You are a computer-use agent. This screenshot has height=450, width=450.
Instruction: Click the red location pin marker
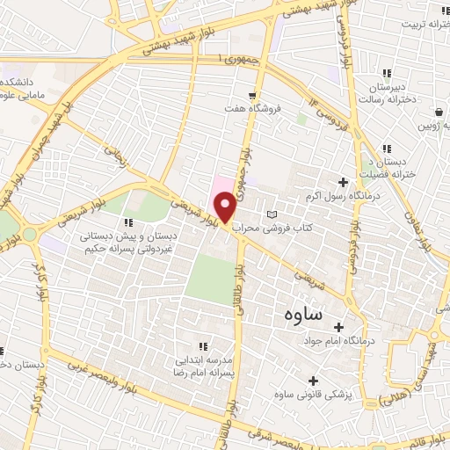[x=226, y=207]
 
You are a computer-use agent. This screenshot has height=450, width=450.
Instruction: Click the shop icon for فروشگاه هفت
[x=253, y=95]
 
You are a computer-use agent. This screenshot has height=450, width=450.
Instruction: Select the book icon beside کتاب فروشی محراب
[x=272, y=214]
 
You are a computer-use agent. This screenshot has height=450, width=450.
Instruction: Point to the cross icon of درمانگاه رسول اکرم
[x=343, y=183]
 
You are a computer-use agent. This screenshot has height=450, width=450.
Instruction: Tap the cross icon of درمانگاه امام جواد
[x=339, y=327]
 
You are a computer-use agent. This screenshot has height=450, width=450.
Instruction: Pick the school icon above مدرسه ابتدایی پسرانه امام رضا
[x=205, y=346]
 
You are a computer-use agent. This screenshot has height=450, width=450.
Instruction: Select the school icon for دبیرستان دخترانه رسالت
[x=386, y=74]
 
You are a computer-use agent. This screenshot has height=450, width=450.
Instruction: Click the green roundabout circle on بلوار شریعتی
[x=29, y=234]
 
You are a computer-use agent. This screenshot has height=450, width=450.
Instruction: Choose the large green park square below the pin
[x=211, y=279]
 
